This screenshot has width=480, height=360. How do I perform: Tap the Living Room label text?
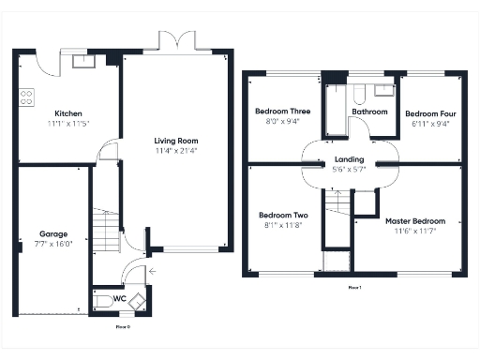coord(176,141)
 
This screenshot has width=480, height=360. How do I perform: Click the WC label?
coord(119,300)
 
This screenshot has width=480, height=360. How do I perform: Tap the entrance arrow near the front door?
coord(153,274)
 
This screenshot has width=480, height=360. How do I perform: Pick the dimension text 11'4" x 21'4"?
coord(176,151)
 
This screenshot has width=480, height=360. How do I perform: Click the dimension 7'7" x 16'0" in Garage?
coord(54,244)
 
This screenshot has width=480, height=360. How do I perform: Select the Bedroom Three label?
coord(282,112)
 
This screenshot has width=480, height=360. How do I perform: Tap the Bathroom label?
coord(369,112)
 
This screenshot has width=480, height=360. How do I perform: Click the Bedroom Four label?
coord(428,113)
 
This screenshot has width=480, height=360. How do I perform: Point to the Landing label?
coord(349,159)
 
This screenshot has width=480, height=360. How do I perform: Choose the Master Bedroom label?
coord(415,221)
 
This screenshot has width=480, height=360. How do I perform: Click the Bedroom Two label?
coord(282,215)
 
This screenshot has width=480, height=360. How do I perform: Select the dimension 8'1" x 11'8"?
coord(282,225)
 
